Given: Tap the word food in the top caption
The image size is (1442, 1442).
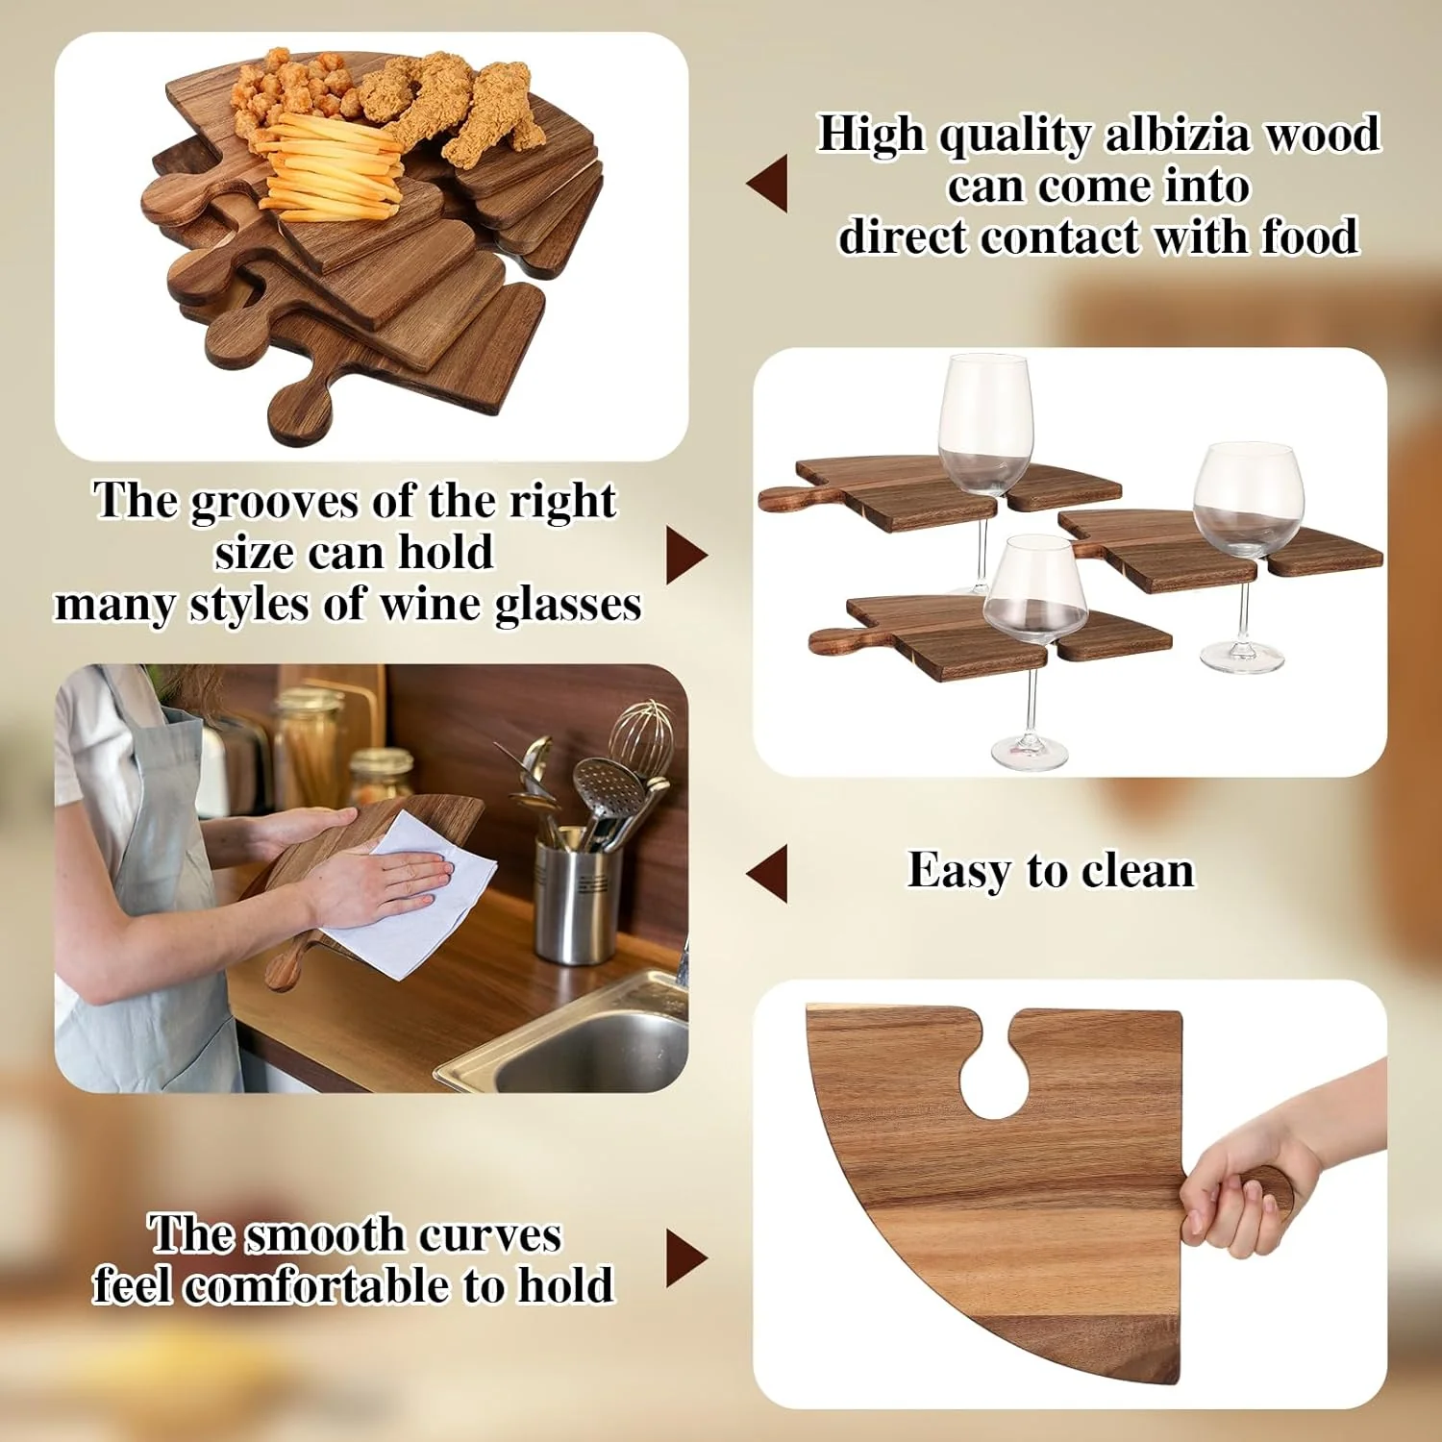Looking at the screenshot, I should tap(1310, 236).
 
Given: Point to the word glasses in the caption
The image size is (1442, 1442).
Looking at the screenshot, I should tap(567, 606).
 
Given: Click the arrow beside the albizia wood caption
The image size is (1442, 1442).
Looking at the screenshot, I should tap(768, 183).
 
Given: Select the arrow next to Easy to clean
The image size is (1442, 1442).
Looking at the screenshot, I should tap(768, 873).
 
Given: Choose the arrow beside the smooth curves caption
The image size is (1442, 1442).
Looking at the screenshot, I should tap(685, 1258).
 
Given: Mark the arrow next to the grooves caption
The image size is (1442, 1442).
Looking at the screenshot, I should tap(685, 556).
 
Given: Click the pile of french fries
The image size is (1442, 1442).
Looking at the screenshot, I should tap(332, 168).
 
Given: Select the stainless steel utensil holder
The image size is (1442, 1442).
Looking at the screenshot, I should tap(574, 899).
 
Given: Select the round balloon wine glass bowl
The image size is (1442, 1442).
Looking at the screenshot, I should tap(1247, 500).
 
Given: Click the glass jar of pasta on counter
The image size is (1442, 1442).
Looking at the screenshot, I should tap(308, 750).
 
